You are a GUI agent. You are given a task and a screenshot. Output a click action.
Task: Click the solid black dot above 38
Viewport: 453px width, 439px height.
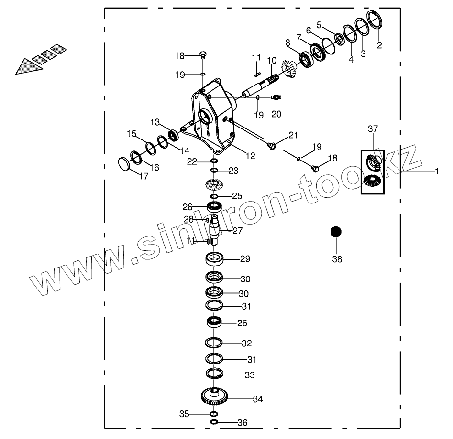(336, 232)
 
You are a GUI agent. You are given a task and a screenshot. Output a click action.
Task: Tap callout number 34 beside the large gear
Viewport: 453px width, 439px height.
(258, 399)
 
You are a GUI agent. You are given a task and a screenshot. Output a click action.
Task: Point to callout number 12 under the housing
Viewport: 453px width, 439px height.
(250, 156)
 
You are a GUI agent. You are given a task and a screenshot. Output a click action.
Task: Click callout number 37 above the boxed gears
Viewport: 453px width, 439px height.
(373, 128)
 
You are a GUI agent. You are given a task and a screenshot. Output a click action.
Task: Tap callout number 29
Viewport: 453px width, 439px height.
(245, 259)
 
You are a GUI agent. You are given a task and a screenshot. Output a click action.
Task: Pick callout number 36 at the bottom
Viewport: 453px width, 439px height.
(243, 423)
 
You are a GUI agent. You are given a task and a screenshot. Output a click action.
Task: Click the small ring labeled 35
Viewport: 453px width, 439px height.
(214, 414)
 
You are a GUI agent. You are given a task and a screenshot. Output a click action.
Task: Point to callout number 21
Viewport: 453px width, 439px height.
(293, 135)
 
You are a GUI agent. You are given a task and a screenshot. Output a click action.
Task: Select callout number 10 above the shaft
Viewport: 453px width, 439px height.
(272, 61)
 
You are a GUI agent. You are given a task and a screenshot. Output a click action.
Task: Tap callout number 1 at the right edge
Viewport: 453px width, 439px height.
(436, 171)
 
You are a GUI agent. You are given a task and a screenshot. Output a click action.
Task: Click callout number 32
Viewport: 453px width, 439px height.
(246, 343)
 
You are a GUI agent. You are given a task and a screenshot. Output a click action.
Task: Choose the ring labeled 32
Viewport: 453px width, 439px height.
(214, 343)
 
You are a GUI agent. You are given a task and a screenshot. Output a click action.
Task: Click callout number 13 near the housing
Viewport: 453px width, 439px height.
(155, 122)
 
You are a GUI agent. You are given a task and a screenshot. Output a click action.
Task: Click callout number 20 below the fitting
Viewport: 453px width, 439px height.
(276, 114)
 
